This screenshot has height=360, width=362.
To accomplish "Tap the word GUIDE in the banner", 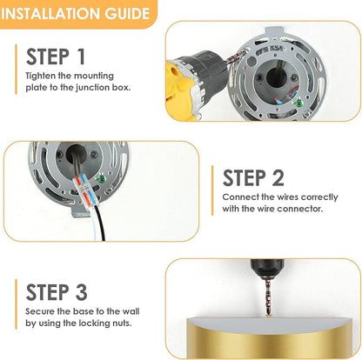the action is pos(127,14).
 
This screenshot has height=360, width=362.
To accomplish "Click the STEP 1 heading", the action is pos(56,57).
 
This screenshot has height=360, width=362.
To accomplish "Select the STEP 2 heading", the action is pos(253,177).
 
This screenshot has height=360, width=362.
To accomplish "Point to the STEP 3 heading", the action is pos(57,292).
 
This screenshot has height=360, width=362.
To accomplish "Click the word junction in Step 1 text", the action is pos(93,88).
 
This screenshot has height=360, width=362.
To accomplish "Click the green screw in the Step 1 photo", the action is pos(298,103).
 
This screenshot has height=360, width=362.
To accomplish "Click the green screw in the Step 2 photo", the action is pos(102,179).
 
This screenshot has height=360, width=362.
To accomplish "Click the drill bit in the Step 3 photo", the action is pos(267,297).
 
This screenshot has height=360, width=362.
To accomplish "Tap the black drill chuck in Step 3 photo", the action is pos(266,268).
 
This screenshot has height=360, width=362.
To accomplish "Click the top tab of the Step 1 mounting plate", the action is pos(274,31).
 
